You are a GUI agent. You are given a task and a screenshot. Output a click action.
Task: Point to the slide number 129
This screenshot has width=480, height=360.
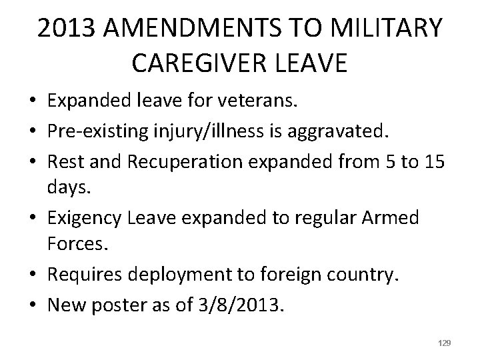click(445, 343)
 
